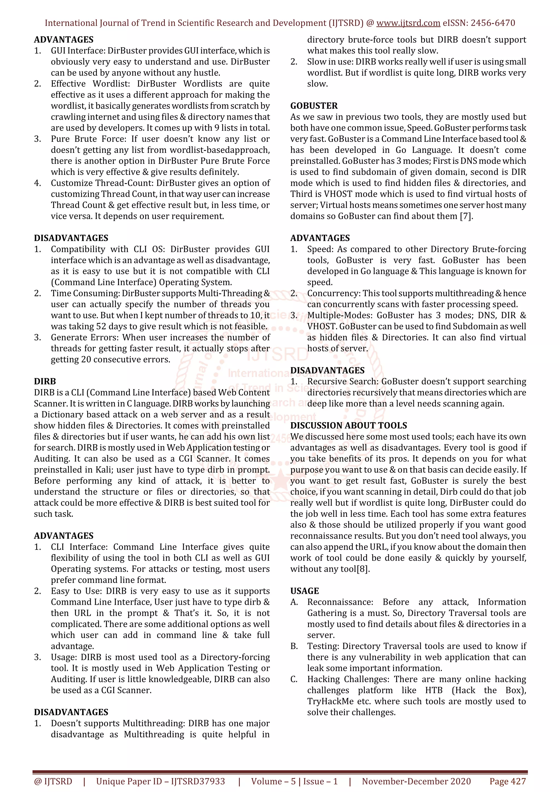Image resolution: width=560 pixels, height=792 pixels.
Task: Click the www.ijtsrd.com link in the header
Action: point(408,23)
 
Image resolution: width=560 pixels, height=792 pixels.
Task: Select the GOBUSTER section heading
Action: point(314,106)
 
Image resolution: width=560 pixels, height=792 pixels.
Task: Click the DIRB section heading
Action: point(45,382)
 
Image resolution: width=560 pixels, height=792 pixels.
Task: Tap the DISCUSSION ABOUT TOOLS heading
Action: point(348,426)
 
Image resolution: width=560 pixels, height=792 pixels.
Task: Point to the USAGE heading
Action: point(304,591)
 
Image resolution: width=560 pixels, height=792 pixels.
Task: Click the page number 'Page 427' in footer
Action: point(507,781)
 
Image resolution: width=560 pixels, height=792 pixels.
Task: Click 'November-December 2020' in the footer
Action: point(416,781)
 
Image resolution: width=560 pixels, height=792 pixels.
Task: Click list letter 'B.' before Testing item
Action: point(294,646)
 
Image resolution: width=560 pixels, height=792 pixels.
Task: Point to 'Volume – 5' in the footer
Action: point(273,781)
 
